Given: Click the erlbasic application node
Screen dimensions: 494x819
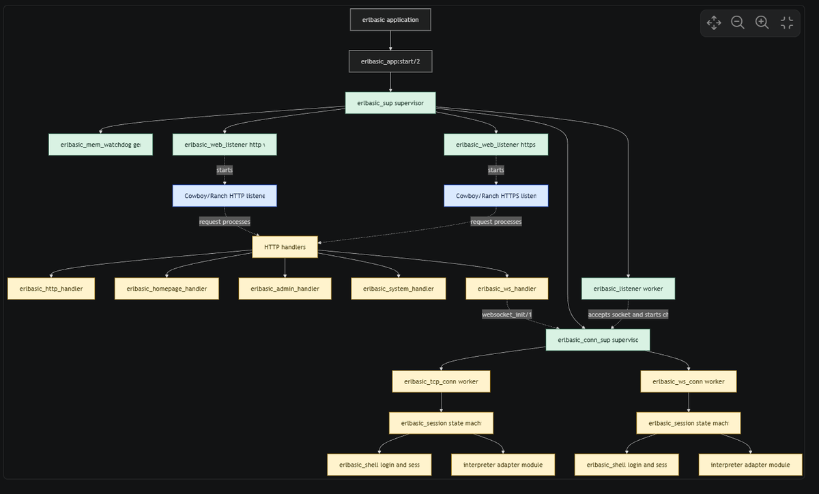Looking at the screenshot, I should pos(390,20).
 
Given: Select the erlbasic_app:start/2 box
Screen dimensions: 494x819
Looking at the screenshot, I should pos(390,61).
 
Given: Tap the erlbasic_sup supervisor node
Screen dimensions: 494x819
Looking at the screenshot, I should pos(390,104).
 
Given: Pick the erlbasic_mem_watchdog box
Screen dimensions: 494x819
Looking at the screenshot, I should pos(100,145).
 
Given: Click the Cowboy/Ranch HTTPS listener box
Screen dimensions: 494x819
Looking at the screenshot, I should pos(496,196).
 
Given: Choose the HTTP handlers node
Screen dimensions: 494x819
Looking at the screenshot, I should pos(285,247).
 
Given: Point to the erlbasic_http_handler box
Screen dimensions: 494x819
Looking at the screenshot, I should pos(51,289).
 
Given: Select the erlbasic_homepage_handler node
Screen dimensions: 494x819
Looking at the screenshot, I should pos(166,289).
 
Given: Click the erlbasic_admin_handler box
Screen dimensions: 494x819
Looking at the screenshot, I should pos(285,289).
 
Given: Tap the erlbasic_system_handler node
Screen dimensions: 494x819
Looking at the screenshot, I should pos(399,289).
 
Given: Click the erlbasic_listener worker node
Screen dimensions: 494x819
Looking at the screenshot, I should pos(628,289).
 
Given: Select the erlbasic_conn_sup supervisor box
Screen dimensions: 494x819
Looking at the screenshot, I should pos(598,340).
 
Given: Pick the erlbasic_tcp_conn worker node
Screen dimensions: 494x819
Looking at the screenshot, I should pos(441,381).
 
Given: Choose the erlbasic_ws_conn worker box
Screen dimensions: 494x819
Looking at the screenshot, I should pos(688,381).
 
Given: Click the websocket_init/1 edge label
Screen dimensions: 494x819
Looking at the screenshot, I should pos(506,315).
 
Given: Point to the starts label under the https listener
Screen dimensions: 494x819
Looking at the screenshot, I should pos(496,170).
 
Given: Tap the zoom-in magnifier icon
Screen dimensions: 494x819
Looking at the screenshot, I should pos(762,23).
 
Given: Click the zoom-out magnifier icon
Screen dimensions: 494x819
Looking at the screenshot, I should pos(738,23).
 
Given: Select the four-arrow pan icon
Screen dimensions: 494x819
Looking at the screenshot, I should pos(714,23).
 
